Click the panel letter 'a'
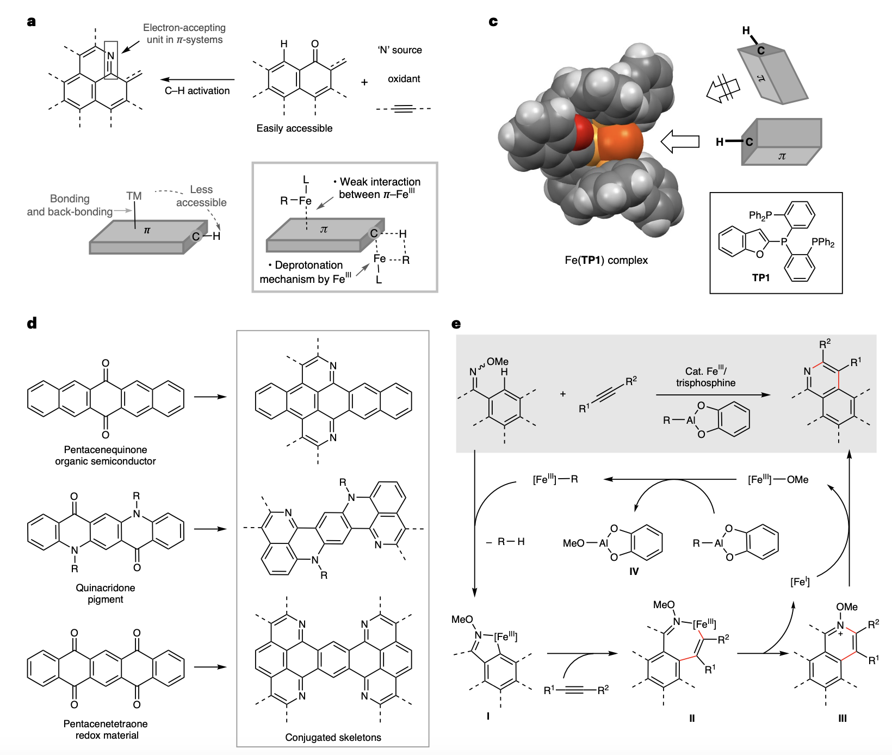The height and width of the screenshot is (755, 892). pyautogui.click(x=32, y=22)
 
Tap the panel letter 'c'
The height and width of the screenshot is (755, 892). pyautogui.click(x=493, y=22)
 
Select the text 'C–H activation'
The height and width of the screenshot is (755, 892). pyautogui.click(x=197, y=91)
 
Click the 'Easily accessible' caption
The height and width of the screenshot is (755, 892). pyautogui.click(x=294, y=128)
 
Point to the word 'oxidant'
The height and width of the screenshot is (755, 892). pyautogui.click(x=404, y=79)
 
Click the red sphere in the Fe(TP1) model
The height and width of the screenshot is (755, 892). pyautogui.click(x=583, y=132)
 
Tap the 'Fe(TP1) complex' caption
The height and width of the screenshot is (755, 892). pyautogui.click(x=606, y=261)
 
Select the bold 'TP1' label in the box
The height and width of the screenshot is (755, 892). pyautogui.click(x=760, y=278)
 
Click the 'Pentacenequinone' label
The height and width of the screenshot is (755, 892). pyautogui.click(x=106, y=450)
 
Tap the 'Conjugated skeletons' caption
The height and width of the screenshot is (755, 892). pyautogui.click(x=333, y=738)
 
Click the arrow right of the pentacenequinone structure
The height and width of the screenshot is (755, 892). pyautogui.click(x=210, y=397)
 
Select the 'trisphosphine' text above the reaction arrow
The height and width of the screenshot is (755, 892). pyautogui.click(x=705, y=383)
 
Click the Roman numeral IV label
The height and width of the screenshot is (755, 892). pyautogui.click(x=634, y=572)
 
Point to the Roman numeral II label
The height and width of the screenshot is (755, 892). pyautogui.click(x=692, y=719)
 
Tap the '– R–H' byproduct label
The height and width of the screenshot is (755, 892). pyautogui.click(x=506, y=542)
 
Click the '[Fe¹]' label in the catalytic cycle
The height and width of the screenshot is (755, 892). pyautogui.click(x=800, y=582)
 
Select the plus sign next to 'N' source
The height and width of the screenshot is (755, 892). pyautogui.click(x=364, y=82)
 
